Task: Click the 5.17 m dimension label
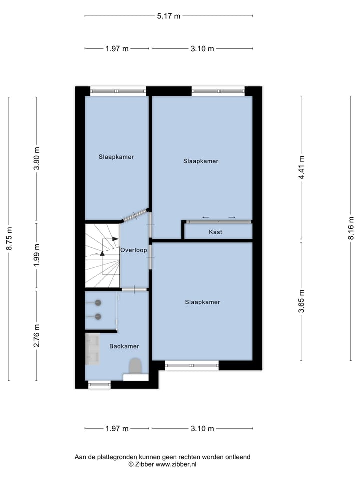168,16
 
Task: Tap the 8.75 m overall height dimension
9,239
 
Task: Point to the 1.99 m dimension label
36,256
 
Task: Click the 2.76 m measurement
36,336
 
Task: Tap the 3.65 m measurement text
301,301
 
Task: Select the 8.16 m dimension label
351,228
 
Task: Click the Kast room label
216,232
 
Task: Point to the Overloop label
133,250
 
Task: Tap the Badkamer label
124,346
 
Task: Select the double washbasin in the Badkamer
93,348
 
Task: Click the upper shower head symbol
98,302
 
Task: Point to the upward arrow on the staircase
102,253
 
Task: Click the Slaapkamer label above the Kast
201,161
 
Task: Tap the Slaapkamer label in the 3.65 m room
202,302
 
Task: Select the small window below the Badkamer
99,384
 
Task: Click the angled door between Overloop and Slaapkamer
135,215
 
